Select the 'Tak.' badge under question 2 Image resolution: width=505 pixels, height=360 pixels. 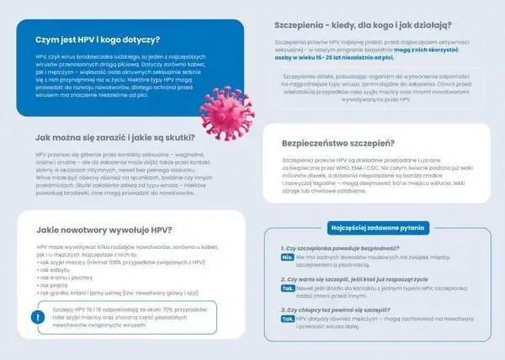287,288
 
